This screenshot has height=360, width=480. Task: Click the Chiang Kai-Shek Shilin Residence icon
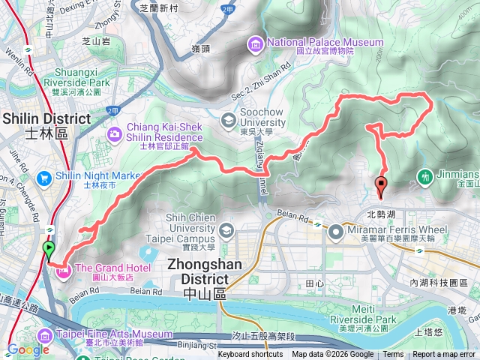pos(115,133)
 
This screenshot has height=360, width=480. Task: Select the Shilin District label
pos(46,125)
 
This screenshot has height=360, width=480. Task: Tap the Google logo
pos(28,349)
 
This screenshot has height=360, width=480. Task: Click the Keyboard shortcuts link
pos(250,355)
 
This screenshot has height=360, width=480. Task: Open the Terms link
pos(393,355)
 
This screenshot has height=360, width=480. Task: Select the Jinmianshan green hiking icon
pos(425,177)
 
